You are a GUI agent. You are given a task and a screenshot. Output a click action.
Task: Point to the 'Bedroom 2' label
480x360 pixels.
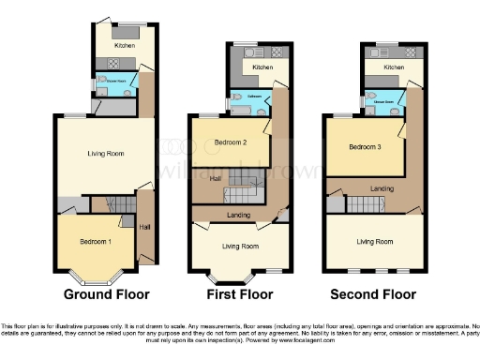coord(231,142)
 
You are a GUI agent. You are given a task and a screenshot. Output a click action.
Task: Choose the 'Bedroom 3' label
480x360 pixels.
coord(365,148)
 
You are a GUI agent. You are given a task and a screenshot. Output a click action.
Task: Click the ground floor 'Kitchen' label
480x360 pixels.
coord(125,44)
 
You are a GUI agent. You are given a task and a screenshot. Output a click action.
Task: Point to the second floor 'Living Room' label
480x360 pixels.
coord(375,241)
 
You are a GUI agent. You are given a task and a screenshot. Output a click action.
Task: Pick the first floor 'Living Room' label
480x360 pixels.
coord(239,246)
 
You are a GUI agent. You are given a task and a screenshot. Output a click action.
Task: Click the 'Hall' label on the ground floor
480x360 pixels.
coord(143,226)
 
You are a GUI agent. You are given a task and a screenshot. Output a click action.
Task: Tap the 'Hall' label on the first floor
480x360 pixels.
coord(215,178)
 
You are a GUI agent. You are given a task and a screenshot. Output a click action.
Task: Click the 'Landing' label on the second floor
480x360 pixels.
coord(381,189)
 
